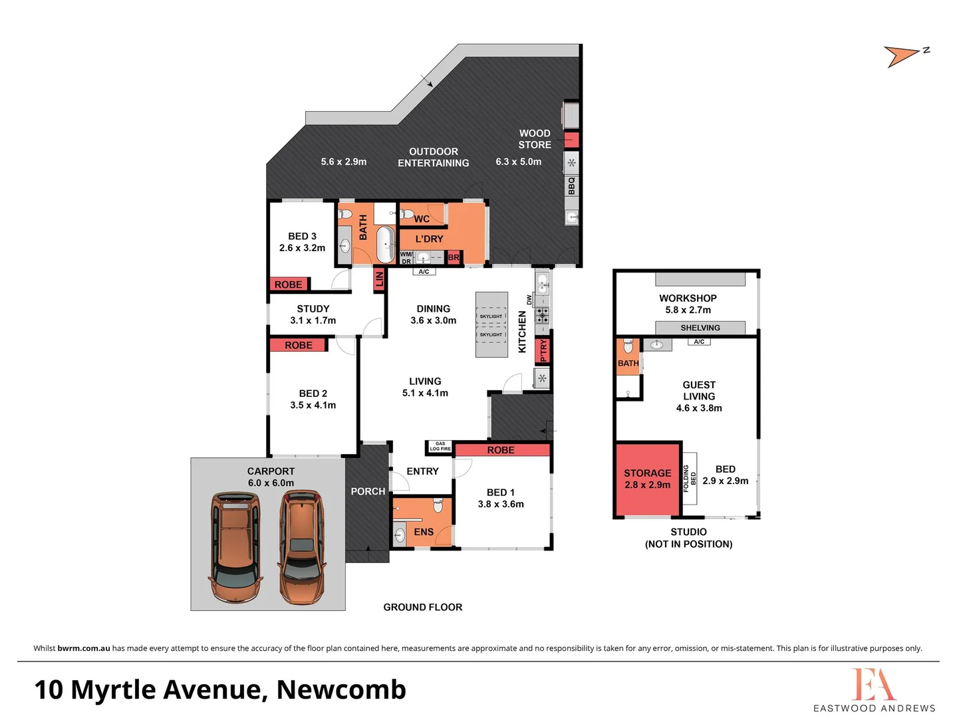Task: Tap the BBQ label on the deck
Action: [x=571, y=185]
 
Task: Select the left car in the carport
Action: [x=235, y=546]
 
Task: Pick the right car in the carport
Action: [x=302, y=546]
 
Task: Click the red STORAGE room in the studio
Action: [x=648, y=479]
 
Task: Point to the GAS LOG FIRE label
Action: [x=440, y=446]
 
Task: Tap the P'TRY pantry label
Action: [x=543, y=350]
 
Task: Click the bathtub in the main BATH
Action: [x=385, y=244]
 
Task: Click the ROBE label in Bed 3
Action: [x=288, y=285]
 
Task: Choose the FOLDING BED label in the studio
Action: [x=690, y=475]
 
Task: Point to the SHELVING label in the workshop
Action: [x=700, y=328]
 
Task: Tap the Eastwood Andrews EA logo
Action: [x=873, y=685]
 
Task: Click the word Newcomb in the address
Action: [x=341, y=690]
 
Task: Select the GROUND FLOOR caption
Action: [x=422, y=607]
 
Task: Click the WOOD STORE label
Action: [x=535, y=139]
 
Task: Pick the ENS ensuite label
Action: [x=424, y=532]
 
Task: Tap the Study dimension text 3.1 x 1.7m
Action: [x=313, y=320]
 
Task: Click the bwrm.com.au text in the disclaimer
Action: [x=84, y=648]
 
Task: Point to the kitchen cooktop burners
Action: [x=543, y=314]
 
